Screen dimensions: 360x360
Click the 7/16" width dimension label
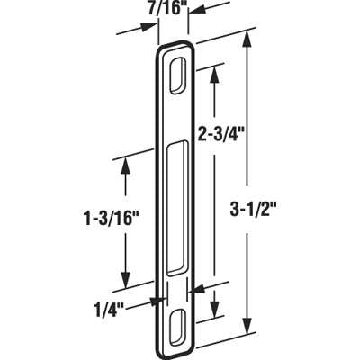167,12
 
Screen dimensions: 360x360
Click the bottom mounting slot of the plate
178,322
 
